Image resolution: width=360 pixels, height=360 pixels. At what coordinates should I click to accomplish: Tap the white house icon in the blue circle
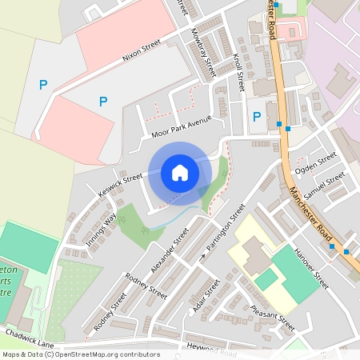click(180, 173)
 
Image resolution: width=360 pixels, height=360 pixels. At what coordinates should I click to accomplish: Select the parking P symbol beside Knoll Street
click(256, 117)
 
